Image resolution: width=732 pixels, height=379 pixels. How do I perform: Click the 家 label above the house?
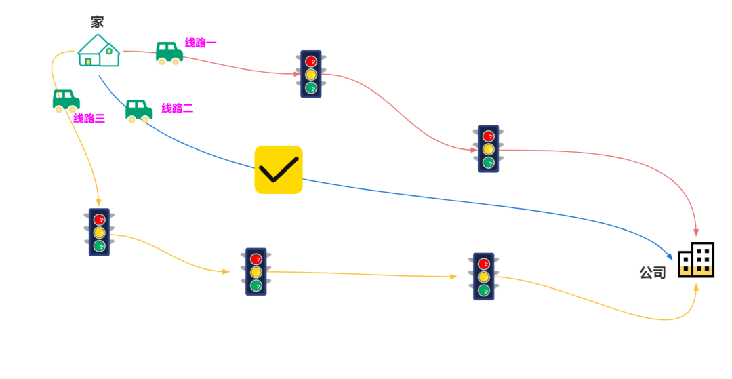pos(97,22)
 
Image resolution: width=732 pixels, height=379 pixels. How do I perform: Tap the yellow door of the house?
pos(88,62)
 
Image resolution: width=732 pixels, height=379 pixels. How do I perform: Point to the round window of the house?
pos(108,52)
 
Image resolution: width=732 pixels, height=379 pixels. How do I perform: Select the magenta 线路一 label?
pos(201,43)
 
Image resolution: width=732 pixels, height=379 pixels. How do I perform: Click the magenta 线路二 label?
pos(177,108)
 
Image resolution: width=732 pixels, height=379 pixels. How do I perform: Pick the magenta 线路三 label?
pos(89,119)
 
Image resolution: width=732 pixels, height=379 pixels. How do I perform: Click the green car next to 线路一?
pos(169,53)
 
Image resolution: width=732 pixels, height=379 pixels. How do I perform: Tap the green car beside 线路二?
pos(138,111)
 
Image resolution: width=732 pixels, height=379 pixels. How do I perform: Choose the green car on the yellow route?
pos(66,101)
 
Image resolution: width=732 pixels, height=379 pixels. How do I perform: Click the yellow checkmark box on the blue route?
pos(278,169)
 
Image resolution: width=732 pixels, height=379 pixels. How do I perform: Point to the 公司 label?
pos(653,273)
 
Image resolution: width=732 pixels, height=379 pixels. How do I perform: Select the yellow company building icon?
pos(696,271)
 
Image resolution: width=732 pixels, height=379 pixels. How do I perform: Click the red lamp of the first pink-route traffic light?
pos(311,61)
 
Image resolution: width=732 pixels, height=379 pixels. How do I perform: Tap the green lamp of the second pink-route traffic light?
pos(488,162)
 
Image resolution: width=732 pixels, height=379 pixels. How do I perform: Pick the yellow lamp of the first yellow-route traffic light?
pos(99,233)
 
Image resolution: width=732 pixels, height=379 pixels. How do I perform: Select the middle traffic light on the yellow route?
pos(256,272)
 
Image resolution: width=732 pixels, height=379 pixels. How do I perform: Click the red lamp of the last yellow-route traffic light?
pos(483,264)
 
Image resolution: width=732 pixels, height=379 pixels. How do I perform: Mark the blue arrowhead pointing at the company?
pos(670,257)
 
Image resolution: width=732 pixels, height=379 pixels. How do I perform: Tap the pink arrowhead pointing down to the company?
pos(696,233)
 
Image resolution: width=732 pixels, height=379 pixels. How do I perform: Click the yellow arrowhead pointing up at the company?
pos(696,287)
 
